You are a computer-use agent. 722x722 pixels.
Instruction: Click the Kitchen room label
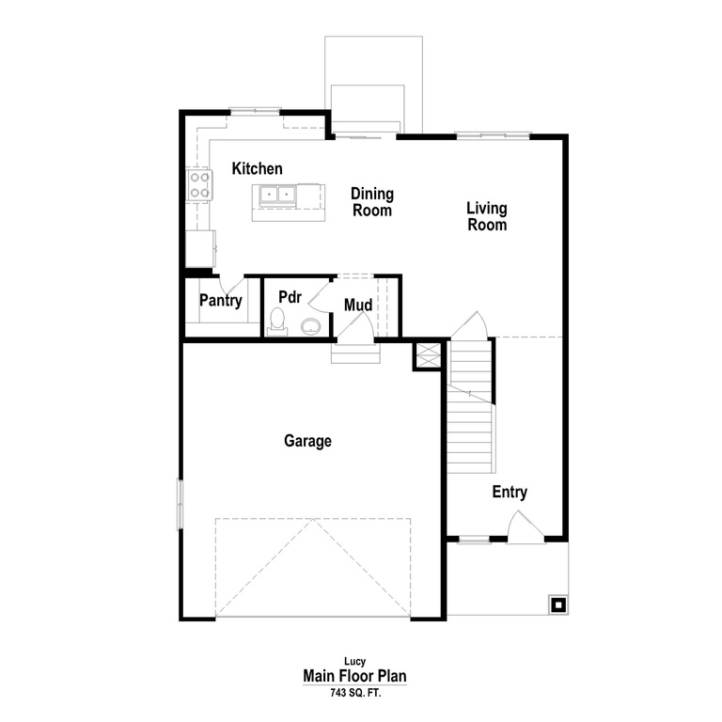tap(258, 169)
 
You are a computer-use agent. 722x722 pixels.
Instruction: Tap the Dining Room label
tap(372, 202)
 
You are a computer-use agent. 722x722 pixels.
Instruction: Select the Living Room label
tap(487, 217)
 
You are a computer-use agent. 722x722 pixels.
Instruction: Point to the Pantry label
tap(221, 302)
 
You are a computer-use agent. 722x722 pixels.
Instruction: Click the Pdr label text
tap(290, 296)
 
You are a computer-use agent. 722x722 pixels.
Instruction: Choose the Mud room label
tap(358, 306)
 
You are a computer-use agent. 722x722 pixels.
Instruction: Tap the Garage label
tap(308, 441)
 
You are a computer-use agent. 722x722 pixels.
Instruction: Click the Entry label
tap(510, 493)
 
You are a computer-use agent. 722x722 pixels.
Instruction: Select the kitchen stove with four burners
tap(198, 184)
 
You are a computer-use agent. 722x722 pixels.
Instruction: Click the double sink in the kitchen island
tap(278, 196)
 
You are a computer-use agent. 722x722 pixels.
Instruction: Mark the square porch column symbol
tap(557, 604)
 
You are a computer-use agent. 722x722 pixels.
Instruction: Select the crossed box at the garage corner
tap(427, 355)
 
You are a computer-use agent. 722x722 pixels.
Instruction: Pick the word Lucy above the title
tap(353, 662)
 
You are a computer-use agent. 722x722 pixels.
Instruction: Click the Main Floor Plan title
tap(354, 676)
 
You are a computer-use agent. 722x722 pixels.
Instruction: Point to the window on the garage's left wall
tap(180, 505)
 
